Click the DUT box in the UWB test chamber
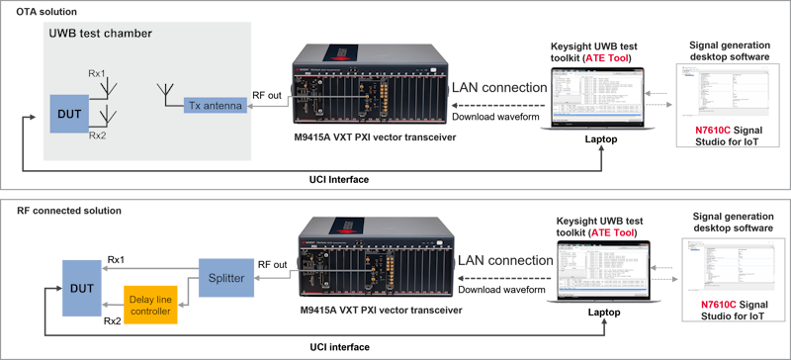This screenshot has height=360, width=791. point(69,114)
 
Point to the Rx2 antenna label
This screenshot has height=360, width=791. point(98,135)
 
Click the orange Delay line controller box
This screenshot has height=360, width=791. point(150,304)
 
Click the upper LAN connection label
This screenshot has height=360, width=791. point(500,87)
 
